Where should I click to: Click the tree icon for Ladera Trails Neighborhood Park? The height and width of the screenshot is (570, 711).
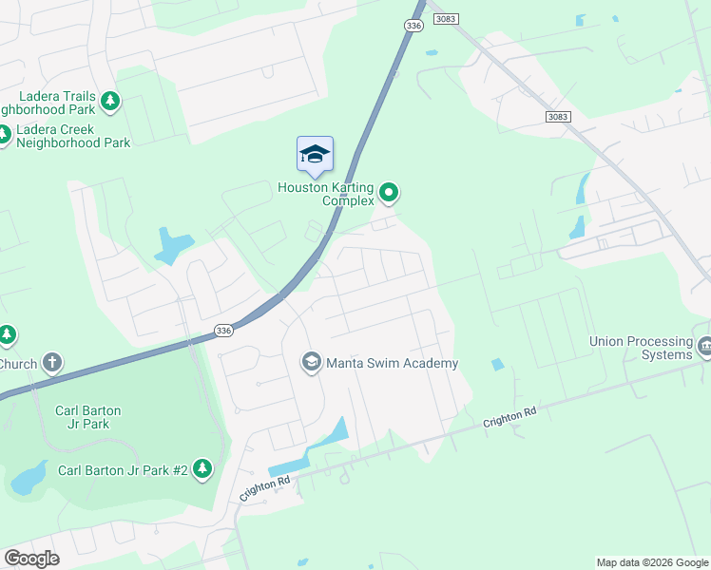point(110,100)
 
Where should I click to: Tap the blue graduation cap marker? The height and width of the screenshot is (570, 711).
point(315,155)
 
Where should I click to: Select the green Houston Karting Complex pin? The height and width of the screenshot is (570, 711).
point(388,194)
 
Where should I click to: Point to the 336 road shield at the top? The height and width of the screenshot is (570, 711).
point(413,26)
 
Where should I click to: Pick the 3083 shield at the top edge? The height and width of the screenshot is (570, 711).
point(444,19)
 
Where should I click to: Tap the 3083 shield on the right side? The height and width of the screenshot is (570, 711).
point(561,116)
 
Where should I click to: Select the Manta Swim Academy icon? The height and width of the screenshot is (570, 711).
point(311,362)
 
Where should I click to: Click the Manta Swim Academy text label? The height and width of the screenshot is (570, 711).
point(393,363)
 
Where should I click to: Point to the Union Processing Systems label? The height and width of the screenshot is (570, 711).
point(640,348)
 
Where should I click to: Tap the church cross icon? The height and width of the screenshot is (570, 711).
point(52,362)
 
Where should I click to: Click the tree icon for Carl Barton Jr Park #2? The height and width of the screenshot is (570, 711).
point(202,468)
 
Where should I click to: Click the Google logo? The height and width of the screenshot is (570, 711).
point(32,559)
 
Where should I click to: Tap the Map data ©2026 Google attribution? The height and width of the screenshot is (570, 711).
point(651,562)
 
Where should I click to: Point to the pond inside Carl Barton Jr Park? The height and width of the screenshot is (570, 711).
point(28,477)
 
